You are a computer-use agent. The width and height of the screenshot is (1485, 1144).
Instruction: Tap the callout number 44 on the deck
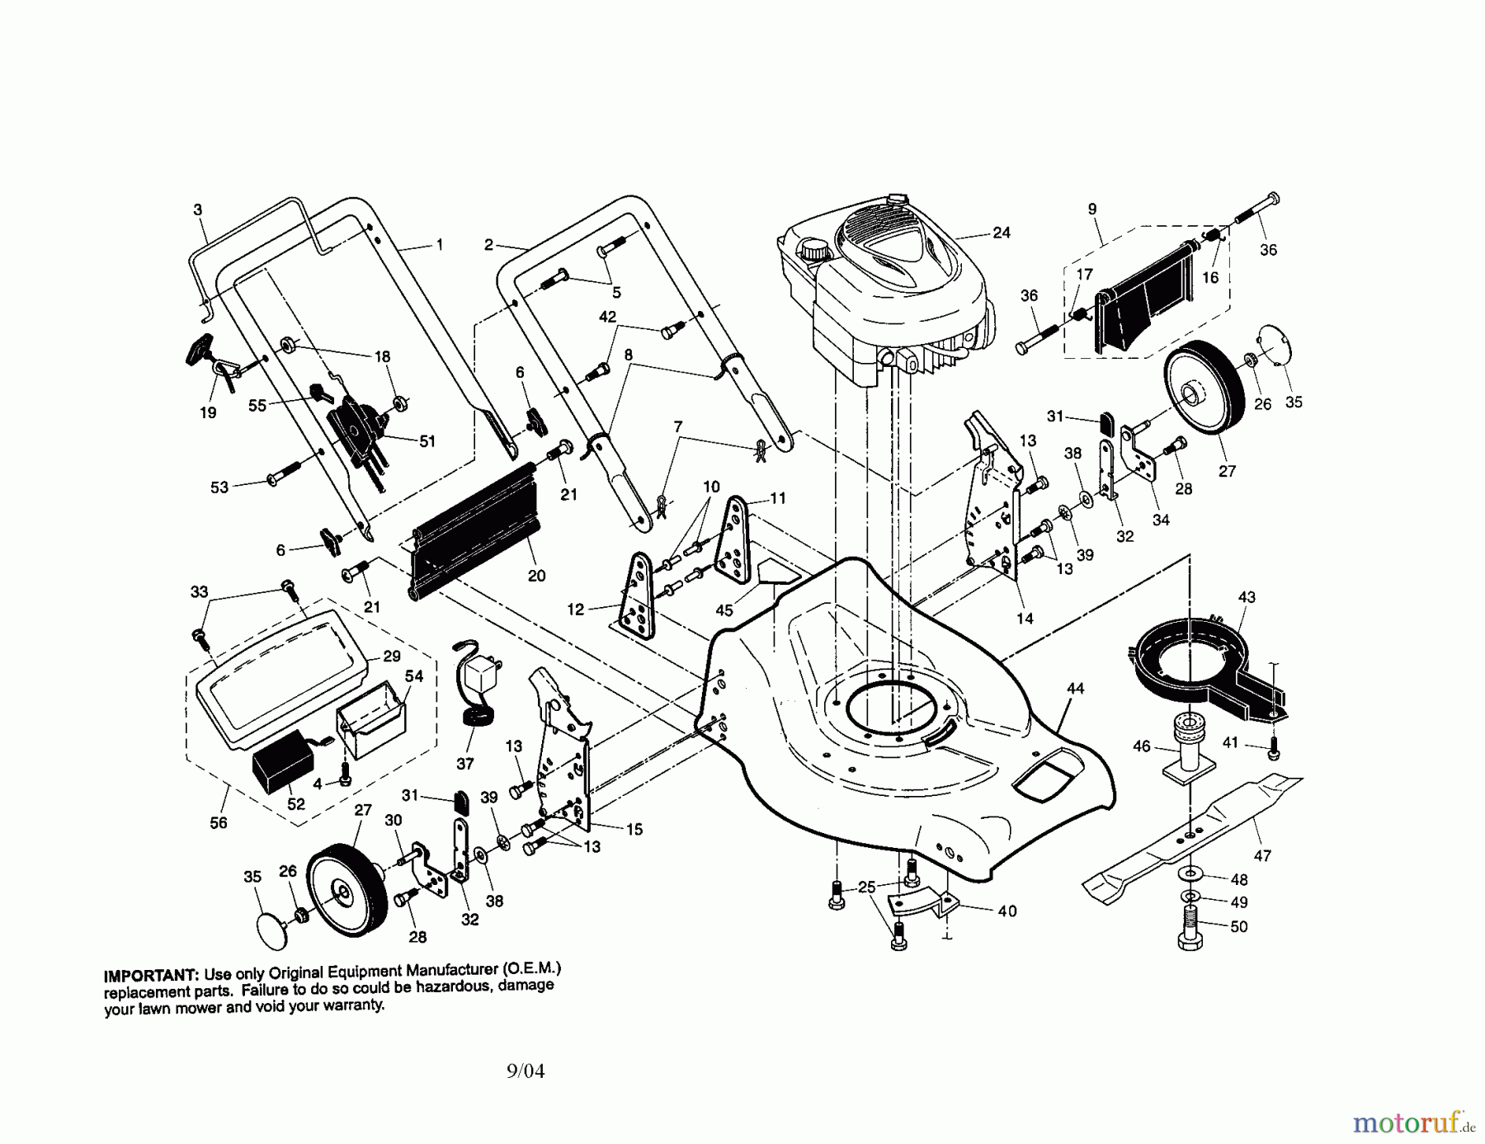pos(1075,689)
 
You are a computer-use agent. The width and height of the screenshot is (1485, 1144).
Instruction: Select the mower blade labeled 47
pos(1188,833)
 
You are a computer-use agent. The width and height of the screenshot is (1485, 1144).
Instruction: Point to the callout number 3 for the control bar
pos(198,210)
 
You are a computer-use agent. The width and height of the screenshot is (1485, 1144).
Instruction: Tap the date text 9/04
pos(526,1071)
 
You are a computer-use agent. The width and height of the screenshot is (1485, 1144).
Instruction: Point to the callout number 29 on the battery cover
pos(392,657)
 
